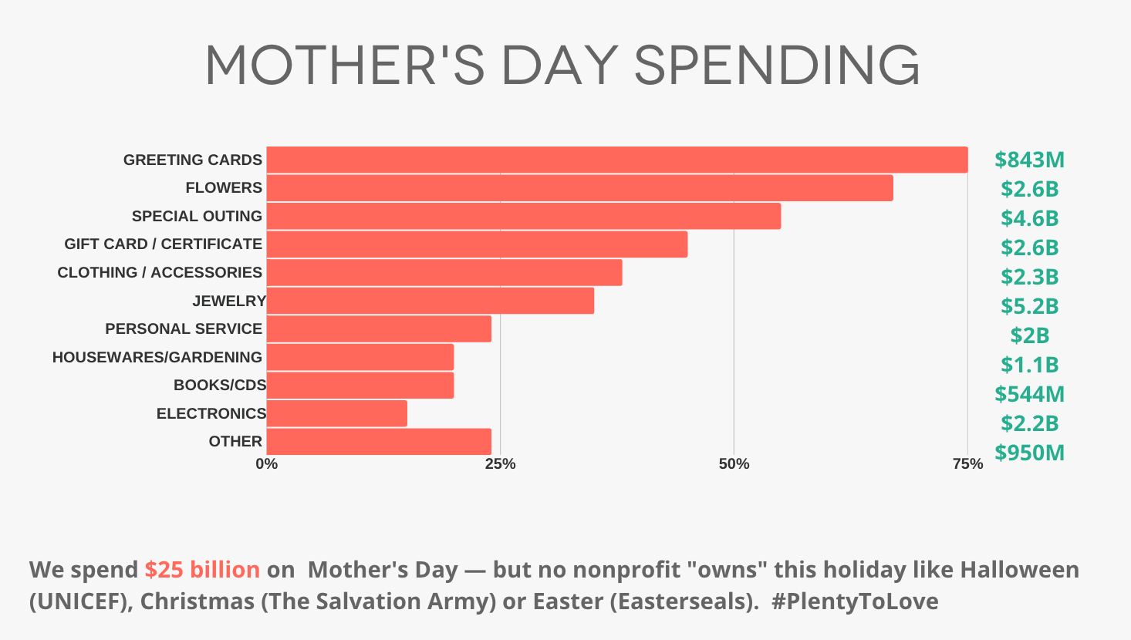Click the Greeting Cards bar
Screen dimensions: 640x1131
(617, 160)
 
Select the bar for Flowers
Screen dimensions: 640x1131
(579, 188)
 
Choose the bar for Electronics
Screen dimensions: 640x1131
(336, 413)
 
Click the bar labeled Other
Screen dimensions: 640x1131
(379, 442)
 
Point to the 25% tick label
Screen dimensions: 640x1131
(500, 464)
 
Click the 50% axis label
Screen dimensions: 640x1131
(734, 464)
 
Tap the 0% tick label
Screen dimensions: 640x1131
(266, 464)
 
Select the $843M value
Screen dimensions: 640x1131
(1029, 160)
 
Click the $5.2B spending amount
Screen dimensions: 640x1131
(1029, 306)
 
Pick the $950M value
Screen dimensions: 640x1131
(1029, 453)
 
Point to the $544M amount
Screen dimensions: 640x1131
(1029, 394)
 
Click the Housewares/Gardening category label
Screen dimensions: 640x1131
(157, 357)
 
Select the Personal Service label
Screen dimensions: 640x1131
(184, 328)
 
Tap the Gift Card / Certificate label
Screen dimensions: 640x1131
(163, 244)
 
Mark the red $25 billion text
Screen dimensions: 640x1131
(202, 570)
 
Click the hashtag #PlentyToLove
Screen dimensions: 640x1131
(854, 601)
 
